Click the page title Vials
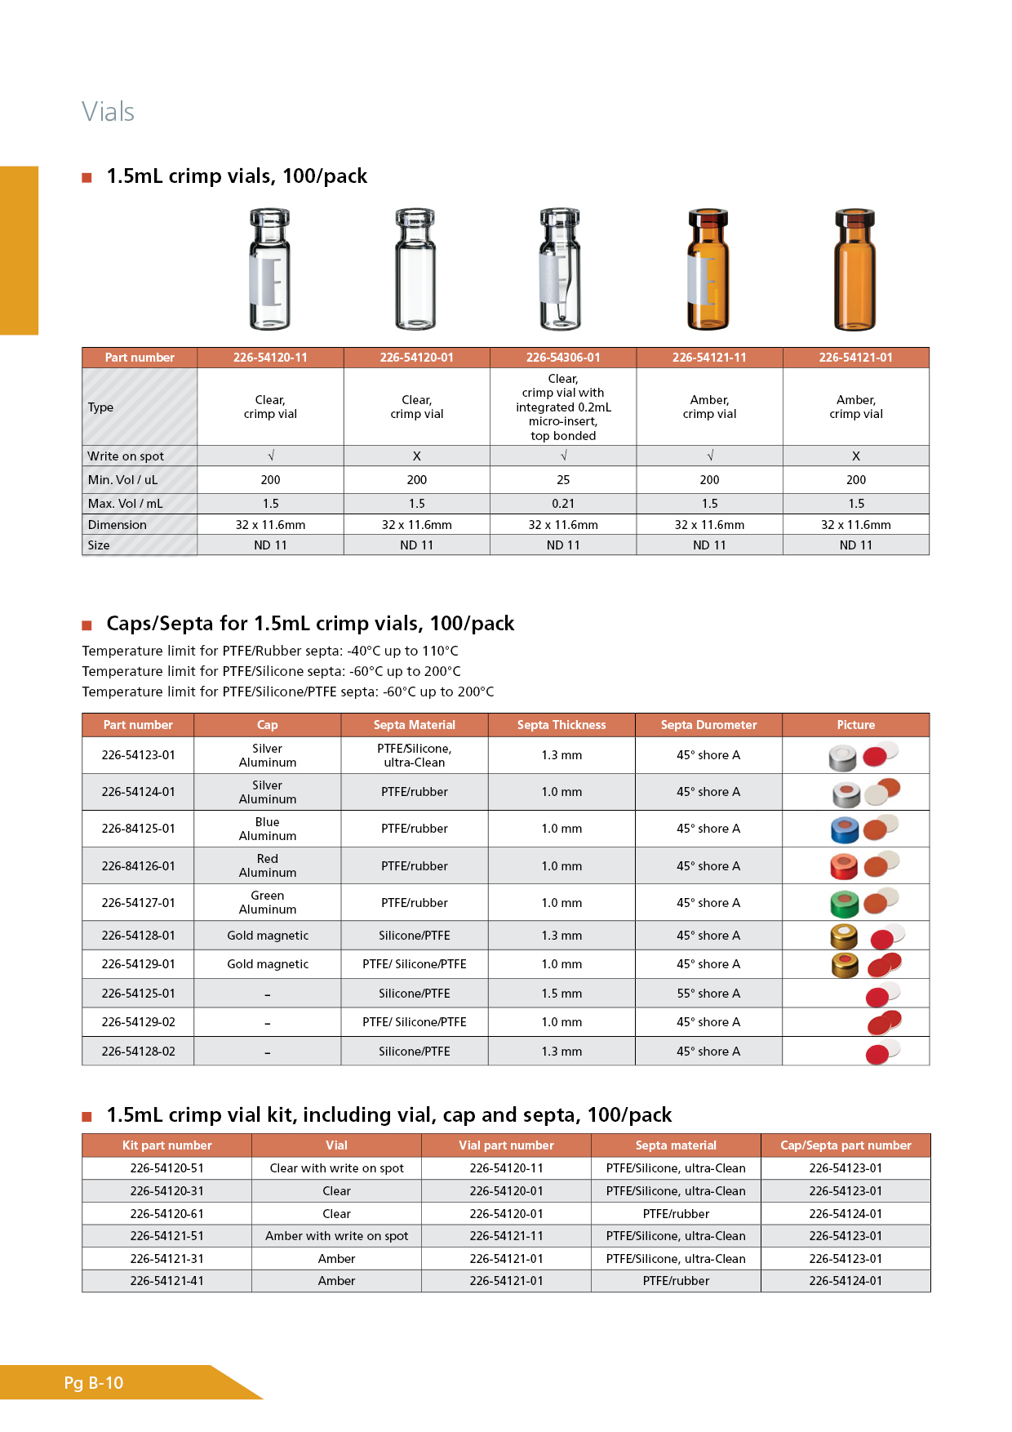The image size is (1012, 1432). [x=108, y=112]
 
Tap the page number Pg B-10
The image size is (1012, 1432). [x=94, y=1382]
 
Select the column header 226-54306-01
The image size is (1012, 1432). [x=563, y=358]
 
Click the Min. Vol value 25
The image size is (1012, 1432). [x=563, y=480]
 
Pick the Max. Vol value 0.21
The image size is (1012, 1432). [x=563, y=504]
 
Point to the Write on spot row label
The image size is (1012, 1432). [x=126, y=456]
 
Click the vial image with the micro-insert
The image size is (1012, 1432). [x=561, y=269]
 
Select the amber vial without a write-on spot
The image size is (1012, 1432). [x=854, y=269]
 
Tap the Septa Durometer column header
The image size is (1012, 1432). [x=708, y=725]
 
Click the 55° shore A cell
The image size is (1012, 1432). [x=708, y=994]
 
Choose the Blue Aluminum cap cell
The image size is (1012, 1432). [x=268, y=829]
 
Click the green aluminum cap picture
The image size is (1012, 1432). [x=846, y=904]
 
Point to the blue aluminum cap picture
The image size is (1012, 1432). [x=846, y=829]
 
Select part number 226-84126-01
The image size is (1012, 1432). [x=138, y=866]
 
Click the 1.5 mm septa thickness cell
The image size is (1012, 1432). [x=561, y=994]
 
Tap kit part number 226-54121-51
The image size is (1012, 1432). [x=166, y=1236]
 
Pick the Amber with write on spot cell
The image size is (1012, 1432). [x=336, y=1236]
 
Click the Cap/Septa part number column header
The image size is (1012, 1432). [x=846, y=1145]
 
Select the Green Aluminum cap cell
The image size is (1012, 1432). [x=268, y=903]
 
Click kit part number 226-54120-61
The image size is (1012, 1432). [x=166, y=1214]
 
